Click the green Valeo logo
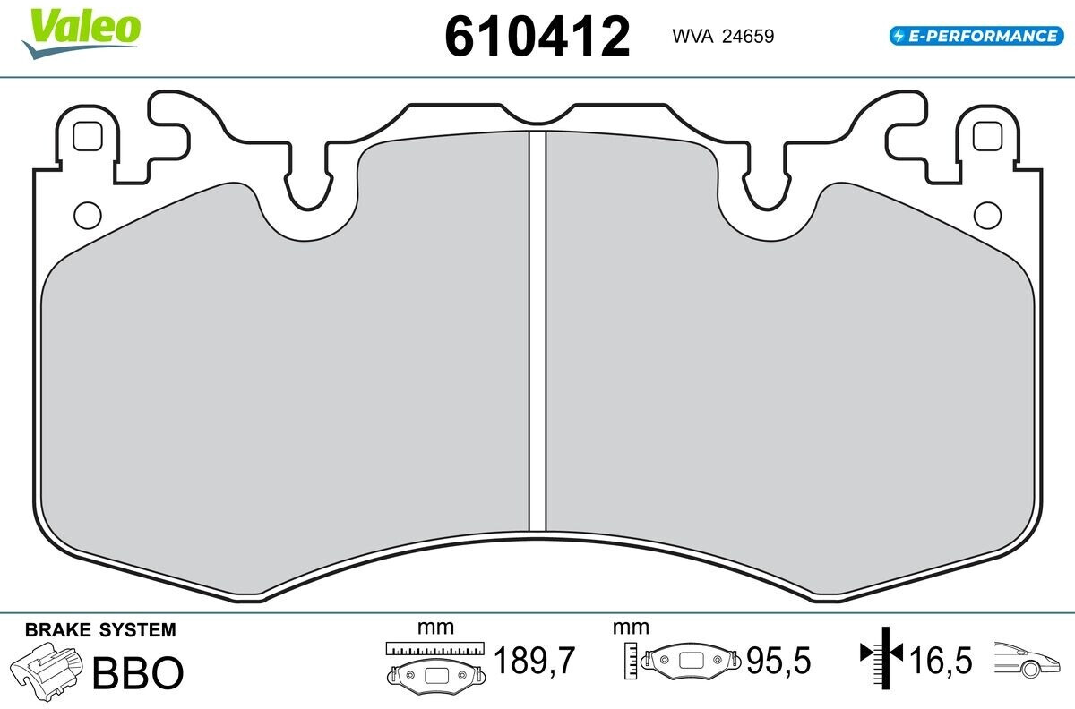82,32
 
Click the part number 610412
537,37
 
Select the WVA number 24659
748,37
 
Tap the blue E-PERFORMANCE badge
976,36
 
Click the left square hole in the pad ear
88,136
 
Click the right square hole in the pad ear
987,136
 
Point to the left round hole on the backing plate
88,215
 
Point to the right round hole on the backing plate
987,215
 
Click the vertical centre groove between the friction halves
537,331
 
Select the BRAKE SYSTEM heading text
100,630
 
